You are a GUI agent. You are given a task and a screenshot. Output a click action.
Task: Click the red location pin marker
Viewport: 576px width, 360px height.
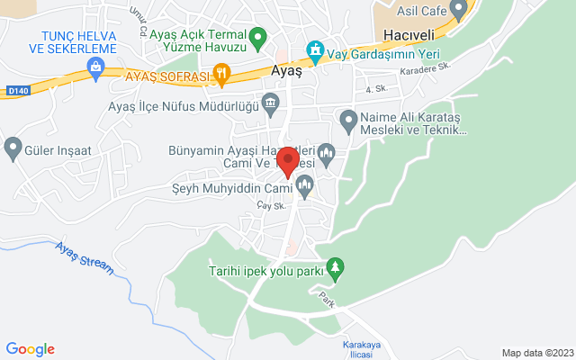288,161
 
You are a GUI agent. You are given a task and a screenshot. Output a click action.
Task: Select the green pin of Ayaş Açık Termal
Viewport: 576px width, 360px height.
258,39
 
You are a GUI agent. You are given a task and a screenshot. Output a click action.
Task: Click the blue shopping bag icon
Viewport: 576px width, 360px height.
95,66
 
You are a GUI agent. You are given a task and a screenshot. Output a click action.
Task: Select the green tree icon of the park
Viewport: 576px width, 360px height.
335,267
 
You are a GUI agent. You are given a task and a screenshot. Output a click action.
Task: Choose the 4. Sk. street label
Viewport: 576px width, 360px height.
375,89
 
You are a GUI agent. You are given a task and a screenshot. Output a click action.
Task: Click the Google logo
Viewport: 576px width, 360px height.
30,349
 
